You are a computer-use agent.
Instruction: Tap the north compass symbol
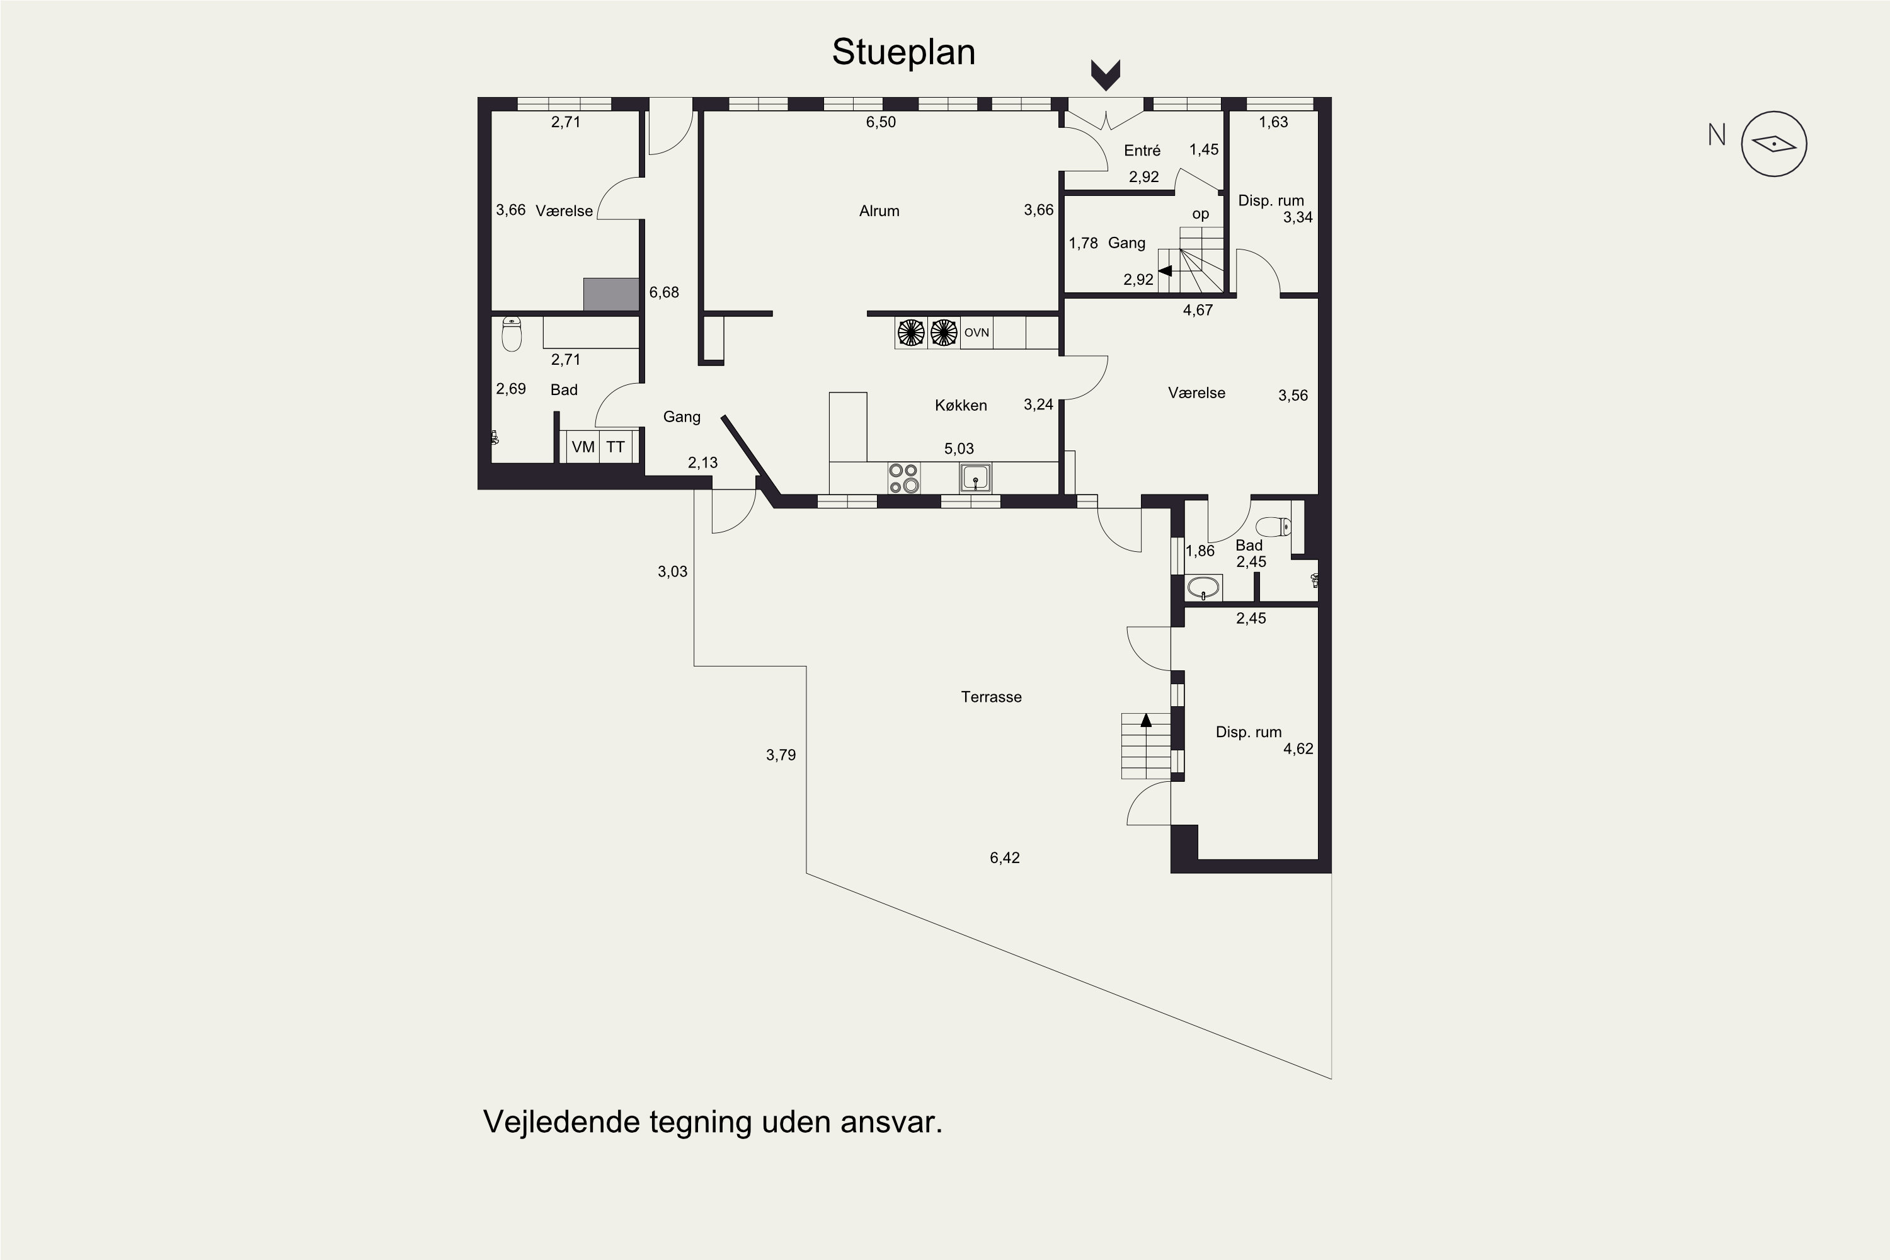tap(1773, 144)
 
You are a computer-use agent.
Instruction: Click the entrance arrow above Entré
tap(1106, 75)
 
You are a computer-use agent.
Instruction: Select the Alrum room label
tap(879, 210)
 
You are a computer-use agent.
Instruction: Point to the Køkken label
tap(960, 405)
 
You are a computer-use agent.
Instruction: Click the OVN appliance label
tap(976, 333)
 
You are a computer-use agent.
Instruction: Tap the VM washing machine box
tap(583, 447)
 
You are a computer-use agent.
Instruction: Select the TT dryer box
tap(616, 447)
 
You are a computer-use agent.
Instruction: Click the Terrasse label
tap(991, 697)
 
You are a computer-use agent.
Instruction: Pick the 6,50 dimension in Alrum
tap(881, 122)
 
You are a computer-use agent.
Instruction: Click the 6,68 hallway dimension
tap(664, 292)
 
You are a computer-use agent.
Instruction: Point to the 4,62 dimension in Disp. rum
tap(1298, 749)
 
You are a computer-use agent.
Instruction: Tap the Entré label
tap(1142, 151)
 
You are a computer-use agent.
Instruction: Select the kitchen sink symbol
tap(975, 478)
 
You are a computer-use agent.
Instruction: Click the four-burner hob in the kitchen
tap(904, 478)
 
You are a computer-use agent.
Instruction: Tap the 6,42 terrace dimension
tap(1004, 857)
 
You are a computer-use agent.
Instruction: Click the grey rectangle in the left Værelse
tap(612, 294)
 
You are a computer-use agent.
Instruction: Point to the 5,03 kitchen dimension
tap(959, 449)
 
